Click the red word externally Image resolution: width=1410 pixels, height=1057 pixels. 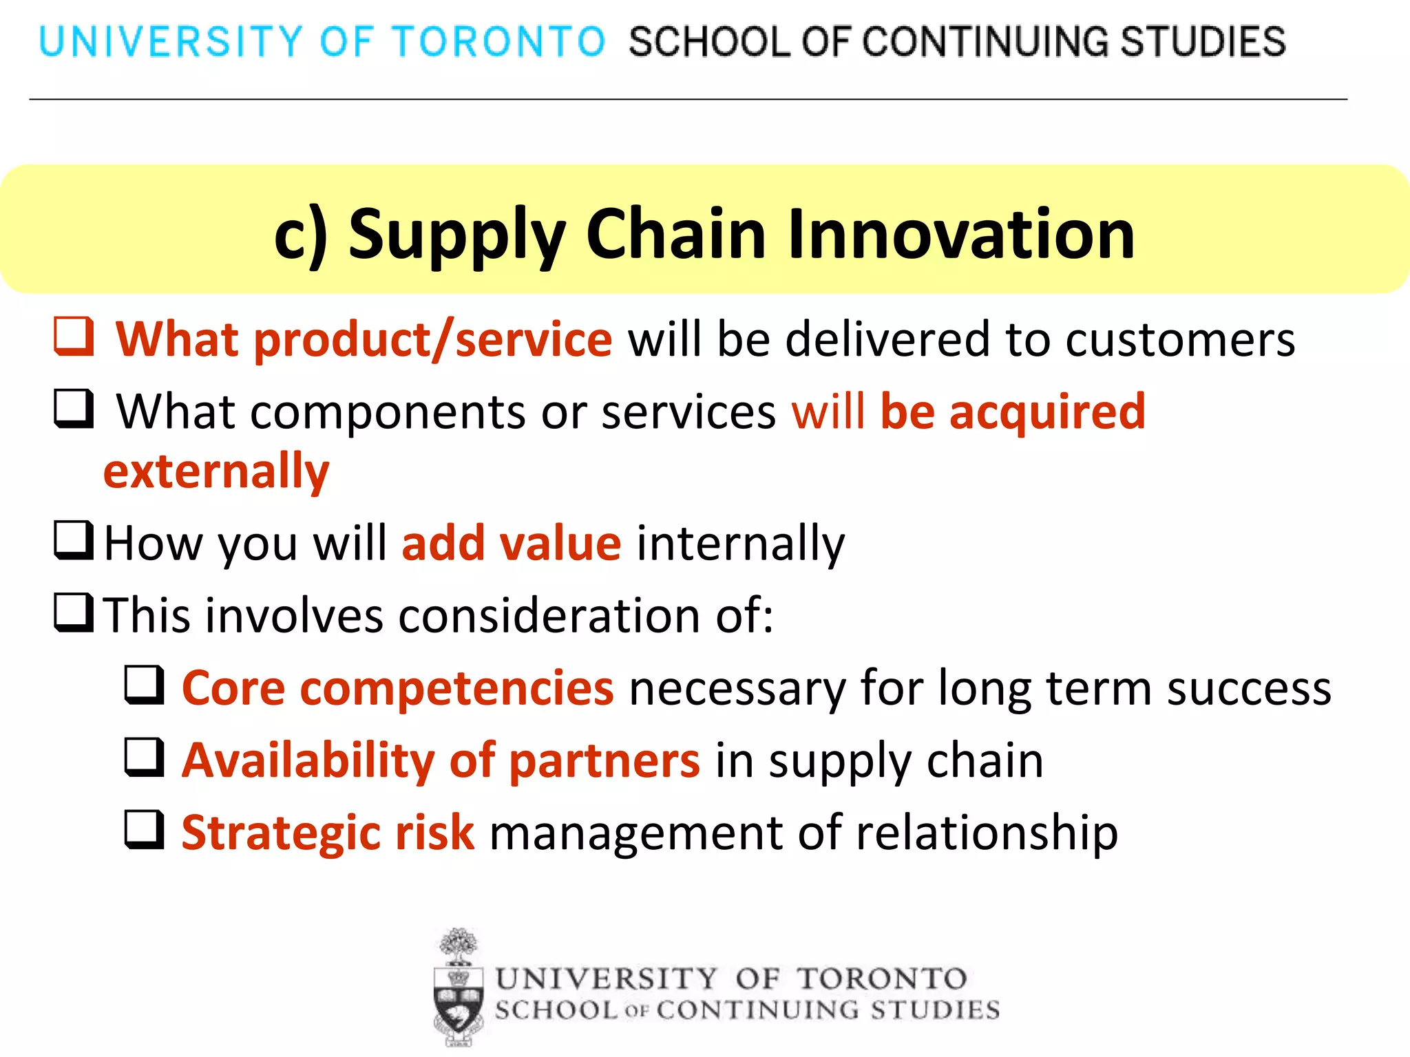[x=216, y=472]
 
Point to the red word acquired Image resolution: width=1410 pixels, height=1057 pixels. [x=1047, y=412]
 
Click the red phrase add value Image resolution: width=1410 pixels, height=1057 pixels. [x=512, y=544]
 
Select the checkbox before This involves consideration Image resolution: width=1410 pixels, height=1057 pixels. [x=74, y=612]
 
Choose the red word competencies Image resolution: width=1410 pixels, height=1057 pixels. [x=456, y=688]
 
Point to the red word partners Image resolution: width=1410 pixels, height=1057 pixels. [x=604, y=761]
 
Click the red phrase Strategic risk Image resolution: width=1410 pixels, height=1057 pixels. [x=328, y=833]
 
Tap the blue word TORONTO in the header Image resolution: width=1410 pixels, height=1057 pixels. [x=498, y=41]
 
